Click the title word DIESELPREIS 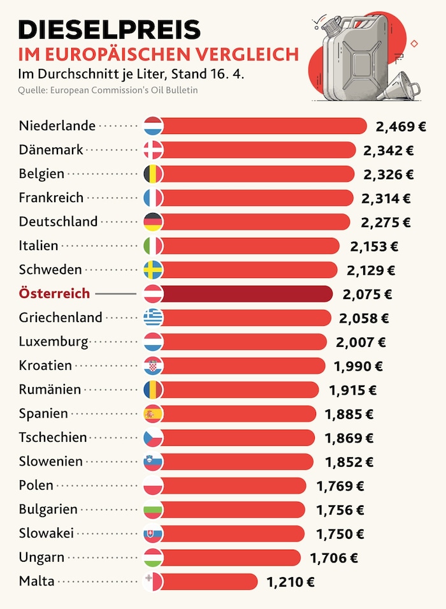click(x=110, y=29)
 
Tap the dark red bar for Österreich click(x=248, y=294)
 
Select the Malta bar click(x=210, y=582)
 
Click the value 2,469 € click(x=401, y=126)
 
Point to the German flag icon click(x=154, y=222)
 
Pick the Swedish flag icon click(x=154, y=270)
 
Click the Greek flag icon click(x=154, y=318)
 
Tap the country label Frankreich click(x=51, y=198)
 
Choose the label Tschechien click(x=52, y=437)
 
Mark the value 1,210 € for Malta click(x=291, y=582)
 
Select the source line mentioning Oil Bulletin click(x=108, y=90)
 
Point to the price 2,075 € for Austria click(x=367, y=294)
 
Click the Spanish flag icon click(x=154, y=414)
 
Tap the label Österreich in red click(x=55, y=294)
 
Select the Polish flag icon click(x=154, y=486)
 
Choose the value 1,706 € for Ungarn click(x=334, y=558)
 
